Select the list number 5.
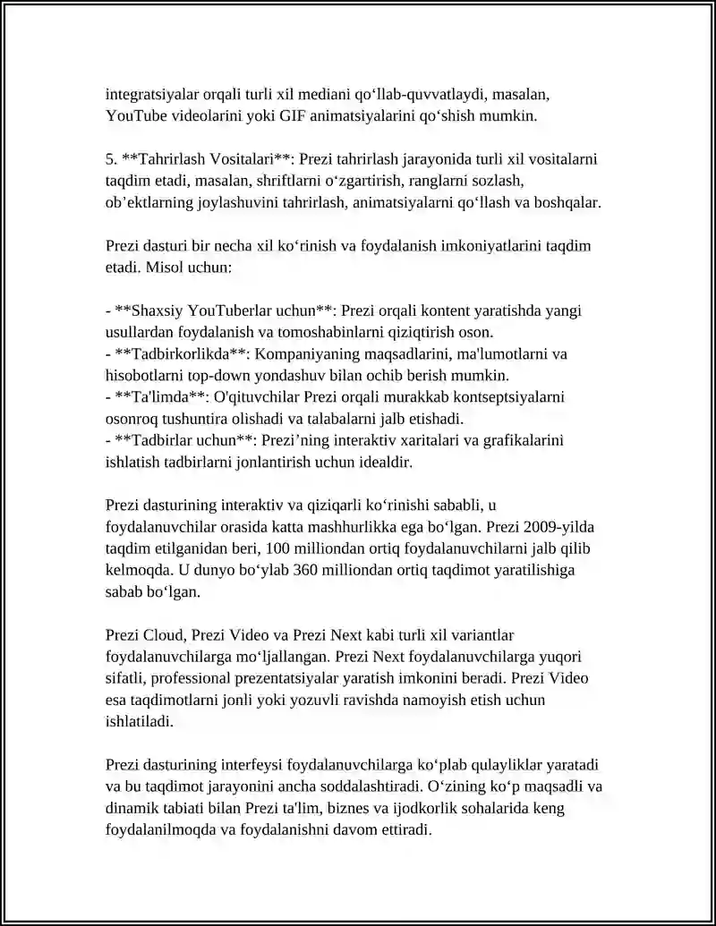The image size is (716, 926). coord(111,159)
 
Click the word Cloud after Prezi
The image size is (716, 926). coord(162,634)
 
